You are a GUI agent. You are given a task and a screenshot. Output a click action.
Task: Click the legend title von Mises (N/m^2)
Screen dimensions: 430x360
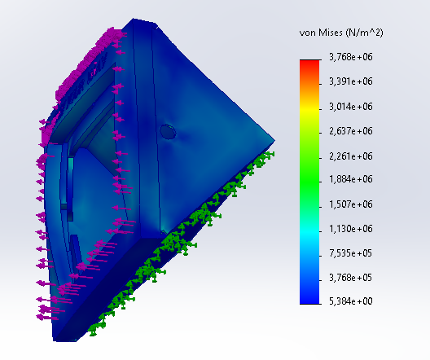click(341, 33)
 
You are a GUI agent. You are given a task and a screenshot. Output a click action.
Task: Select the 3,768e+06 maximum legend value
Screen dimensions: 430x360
click(351, 57)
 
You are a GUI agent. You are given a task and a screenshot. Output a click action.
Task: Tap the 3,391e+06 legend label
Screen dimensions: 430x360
click(351, 81)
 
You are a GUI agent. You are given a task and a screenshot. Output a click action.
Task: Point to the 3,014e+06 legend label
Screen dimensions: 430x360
click(351, 107)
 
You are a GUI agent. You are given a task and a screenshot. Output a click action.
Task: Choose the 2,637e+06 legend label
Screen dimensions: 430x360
click(351, 131)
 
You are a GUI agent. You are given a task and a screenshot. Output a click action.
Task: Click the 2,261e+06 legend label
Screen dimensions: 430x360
click(351, 156)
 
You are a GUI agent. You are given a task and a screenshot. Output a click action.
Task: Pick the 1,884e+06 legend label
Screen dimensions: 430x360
click(351, 179)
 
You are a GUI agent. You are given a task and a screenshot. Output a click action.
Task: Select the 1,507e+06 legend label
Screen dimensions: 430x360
click(351, 204)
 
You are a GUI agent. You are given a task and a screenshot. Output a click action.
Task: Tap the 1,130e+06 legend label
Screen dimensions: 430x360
click(351, 229)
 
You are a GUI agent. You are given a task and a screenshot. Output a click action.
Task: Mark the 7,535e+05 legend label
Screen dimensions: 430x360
click(351, 253)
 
